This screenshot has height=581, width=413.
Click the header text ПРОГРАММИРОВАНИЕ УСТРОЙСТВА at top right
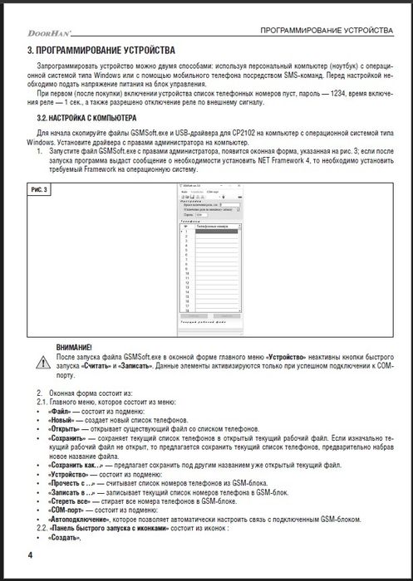[326, 31]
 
